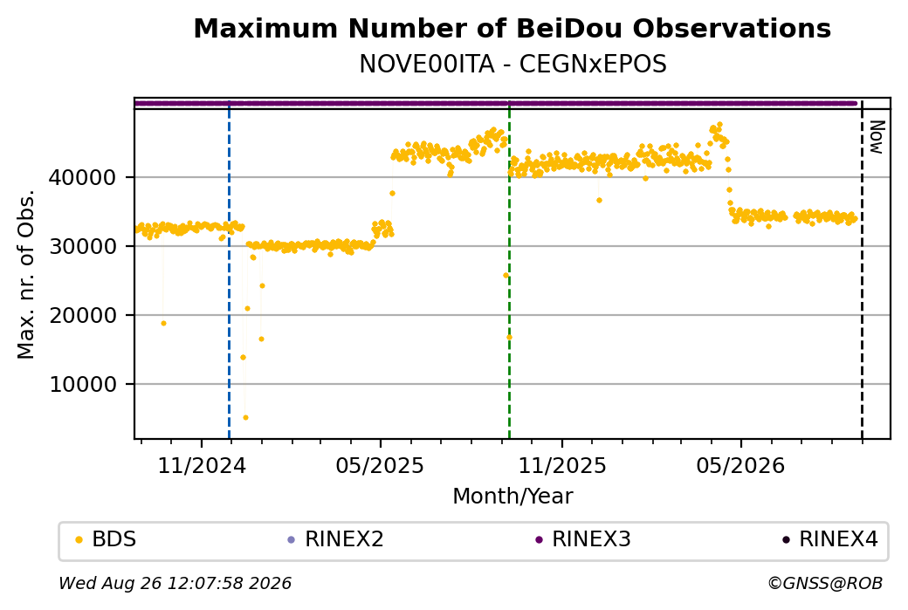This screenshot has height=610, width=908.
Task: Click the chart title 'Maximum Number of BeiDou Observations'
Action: pos(512,28)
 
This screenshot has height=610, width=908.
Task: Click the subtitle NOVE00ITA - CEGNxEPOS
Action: pos(512,64)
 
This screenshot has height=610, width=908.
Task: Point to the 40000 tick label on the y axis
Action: pos(83,178)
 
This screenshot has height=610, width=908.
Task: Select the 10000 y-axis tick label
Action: pos(83,384)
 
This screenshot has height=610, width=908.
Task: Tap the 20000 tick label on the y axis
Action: pos(83,315)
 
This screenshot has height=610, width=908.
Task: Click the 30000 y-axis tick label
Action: pos(83,247)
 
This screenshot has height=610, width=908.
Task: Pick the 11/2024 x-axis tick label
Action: pos(202,465)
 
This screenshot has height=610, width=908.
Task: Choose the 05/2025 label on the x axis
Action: pos(381,465)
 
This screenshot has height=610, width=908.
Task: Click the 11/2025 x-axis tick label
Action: pos(562,465)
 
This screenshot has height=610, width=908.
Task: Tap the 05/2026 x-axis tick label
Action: pos(740,465)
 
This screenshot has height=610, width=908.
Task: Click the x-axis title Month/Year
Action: pos(512,496)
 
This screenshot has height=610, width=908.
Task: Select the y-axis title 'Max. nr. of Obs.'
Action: pos(26,274)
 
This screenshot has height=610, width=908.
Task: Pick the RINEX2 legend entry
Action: pos(336,539)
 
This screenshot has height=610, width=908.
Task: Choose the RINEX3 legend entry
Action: pos(583,539)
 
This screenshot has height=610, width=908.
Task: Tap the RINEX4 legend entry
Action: pos(830,539)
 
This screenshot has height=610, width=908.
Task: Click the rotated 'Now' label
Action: pos(877,137)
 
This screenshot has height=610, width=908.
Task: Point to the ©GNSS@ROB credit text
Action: pos(825,583)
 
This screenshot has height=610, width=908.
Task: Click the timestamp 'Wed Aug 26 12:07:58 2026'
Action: pos(175,583)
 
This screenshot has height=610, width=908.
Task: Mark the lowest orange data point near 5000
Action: pos(245,417)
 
